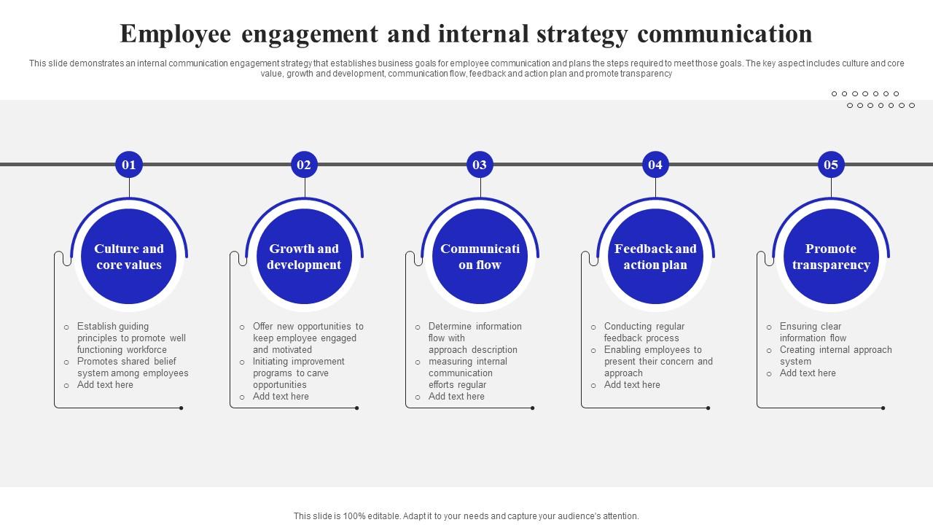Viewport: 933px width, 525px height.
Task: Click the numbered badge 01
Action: (129, 165)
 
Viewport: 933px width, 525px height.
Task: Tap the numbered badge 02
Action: (304, 165)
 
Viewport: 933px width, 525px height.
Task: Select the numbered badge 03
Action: (480, 165)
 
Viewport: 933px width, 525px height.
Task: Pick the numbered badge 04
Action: (655, 165)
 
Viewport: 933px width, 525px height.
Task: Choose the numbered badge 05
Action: (831, 165)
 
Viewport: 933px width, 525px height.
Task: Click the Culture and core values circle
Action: (129, 257)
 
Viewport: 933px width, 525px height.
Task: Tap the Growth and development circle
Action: (304, 257)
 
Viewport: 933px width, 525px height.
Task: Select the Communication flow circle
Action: (480, 257)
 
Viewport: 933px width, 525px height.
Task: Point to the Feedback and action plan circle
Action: (655, 257)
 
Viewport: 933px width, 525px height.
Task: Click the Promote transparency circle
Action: (831, 257)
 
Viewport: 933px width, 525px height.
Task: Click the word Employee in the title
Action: (176, 34)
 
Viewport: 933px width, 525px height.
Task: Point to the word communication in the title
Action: (725, 34)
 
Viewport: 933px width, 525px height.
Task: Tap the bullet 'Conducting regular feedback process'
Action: (644, 332)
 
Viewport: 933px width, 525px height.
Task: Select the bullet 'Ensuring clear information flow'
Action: (813, 332)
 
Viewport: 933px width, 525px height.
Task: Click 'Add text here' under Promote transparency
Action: (808, 373)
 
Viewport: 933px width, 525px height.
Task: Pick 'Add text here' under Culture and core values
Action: (105, 385)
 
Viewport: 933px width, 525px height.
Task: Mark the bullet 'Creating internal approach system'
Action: (835, 356)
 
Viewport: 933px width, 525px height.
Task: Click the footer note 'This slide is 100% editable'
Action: (466, 516)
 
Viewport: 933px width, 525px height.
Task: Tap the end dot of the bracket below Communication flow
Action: (533, 408)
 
